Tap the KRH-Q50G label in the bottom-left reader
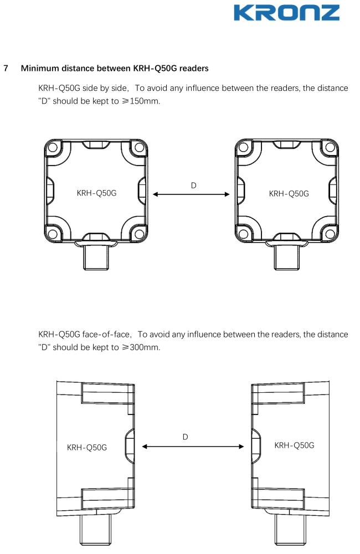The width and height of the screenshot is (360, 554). [x=87, y=447]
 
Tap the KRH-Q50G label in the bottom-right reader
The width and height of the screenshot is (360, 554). [x=295, y=445]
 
